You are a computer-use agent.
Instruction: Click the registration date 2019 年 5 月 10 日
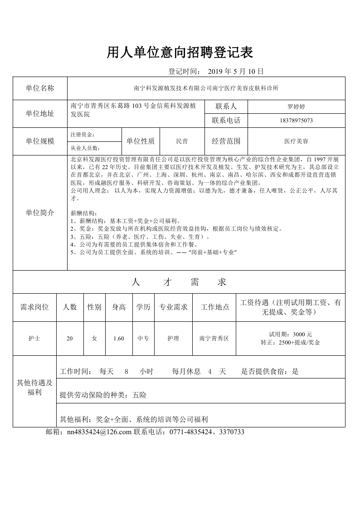tap(235, 71)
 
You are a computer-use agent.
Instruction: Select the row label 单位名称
tap(40, 88)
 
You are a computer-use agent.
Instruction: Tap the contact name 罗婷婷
tap(296, 107)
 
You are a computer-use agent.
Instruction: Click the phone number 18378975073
tap(296, 121)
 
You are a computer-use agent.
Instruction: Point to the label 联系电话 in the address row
tap(226, 121)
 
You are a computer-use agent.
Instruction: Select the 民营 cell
tap(182, 141)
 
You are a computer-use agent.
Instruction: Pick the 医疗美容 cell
tap(296, 141)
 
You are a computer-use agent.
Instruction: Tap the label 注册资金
tap(82, 135)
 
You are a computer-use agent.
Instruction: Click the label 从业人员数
tap(85, 148)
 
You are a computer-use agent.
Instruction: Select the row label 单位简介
tap(40, 213)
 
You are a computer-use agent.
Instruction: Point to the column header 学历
tap(143, 307)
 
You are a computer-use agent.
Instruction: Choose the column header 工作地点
tap(214, 307)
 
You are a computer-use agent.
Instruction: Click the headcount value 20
tap(69, 338)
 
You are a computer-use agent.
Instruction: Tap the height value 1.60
tap(119, 338)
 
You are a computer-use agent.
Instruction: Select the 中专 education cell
tap(143, 338)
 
